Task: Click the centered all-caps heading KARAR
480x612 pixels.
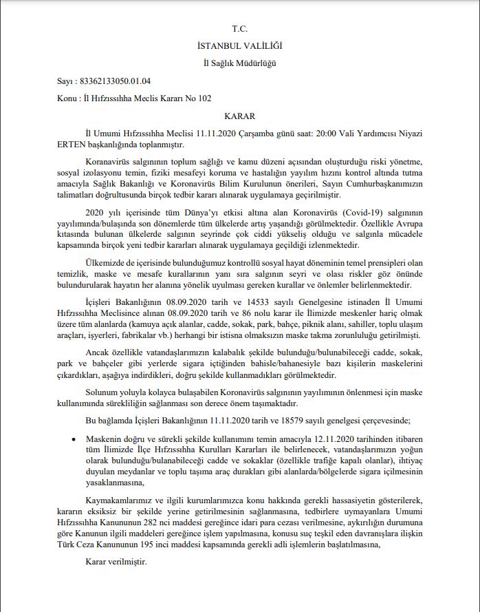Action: tap(239, 116)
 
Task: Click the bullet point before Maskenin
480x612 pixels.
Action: tap(73, 439)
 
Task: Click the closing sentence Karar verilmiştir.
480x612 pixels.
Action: tap(111, 561)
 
